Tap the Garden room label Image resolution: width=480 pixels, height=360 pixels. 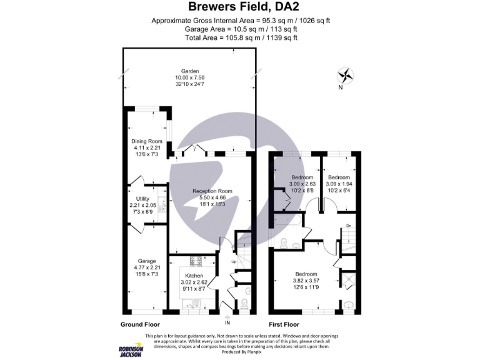[189, 71]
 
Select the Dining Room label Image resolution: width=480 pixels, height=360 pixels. [147, 141]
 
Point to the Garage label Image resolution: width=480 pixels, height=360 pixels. [147, 261]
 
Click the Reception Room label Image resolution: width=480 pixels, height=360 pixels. [212, 191]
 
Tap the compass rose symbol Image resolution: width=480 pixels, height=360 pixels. [344, 76]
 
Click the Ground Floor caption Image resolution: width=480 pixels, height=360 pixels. [140, 324]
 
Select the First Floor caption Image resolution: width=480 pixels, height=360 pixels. [284, 324]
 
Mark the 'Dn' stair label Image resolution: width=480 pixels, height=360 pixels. [349, 225]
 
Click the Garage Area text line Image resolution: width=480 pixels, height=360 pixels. [240, 29]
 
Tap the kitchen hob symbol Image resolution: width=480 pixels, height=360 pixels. [193, 261]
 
